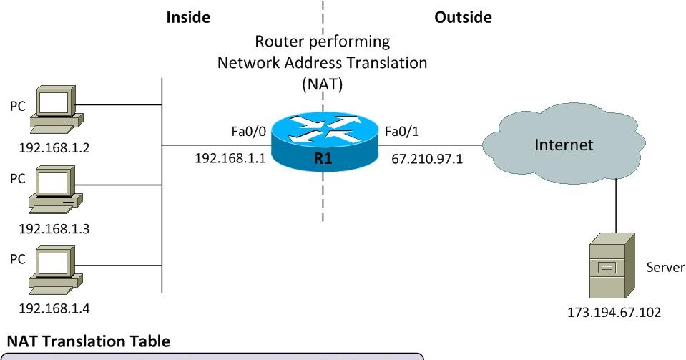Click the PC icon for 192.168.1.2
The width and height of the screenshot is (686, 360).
[x=53, y=110]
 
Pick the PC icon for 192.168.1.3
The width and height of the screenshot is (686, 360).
[x=53, y=190]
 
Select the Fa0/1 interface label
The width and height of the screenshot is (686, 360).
[x=402, y=131]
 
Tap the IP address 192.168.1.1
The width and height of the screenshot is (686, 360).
[x=230, y=157]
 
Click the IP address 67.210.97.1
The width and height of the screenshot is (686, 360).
[x=427, y=158]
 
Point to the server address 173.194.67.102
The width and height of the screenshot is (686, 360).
[x=614, y=313]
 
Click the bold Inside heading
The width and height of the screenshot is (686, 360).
[x=187, y=17]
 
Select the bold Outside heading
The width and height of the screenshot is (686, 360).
[x=463, y=17]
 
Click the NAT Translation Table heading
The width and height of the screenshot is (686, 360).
[x=88, y=341]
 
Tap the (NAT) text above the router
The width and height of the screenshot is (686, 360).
[x=322, y=84]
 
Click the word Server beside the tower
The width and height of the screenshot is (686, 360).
[x=665, y=267]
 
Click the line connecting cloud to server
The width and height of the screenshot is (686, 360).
[x=616, y=208]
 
